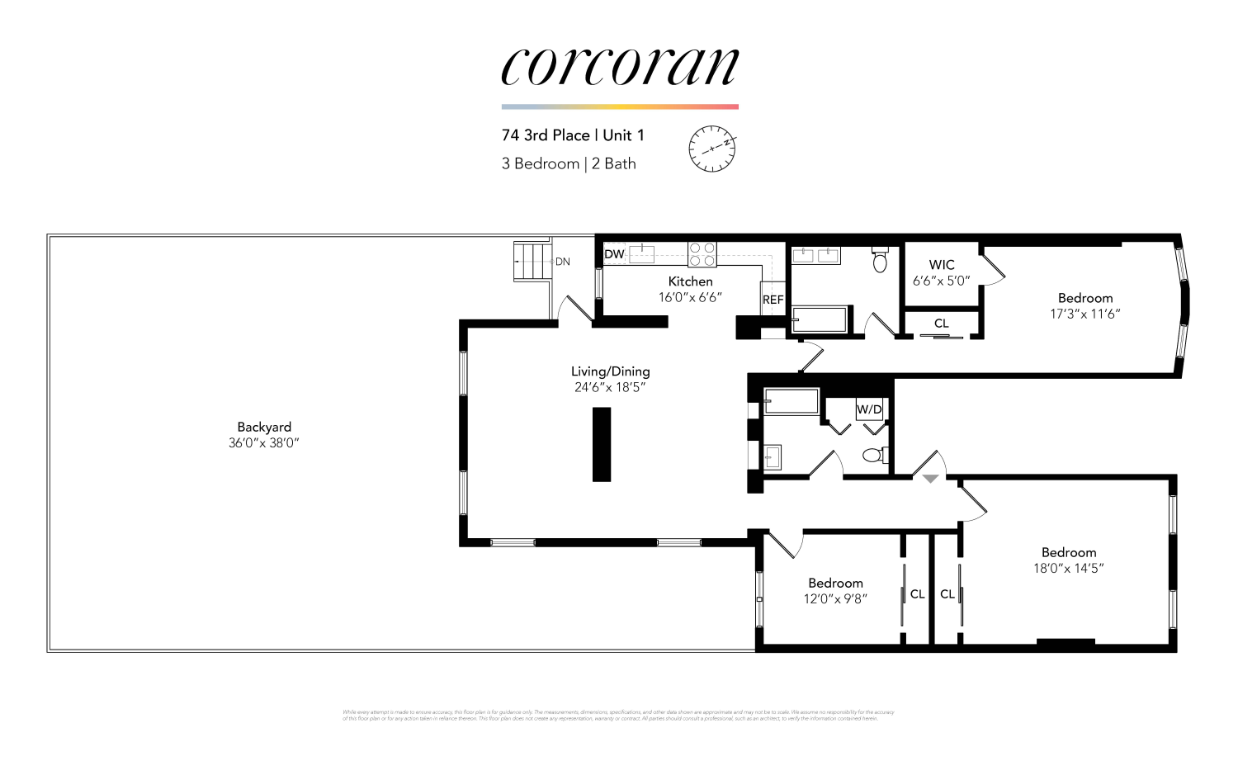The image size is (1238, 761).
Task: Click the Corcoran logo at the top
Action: (x=619, y=66)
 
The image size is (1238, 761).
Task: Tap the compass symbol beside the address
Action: (x=711, y=149)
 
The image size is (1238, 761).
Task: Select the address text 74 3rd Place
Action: (x=546, y=135)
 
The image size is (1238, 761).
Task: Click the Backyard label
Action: (x=264, y=427)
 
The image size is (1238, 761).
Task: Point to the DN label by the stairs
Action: (x=563, y=262)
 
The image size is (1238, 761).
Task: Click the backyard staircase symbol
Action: (x=532, y=261)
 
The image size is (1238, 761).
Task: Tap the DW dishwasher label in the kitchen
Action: (x=614, y=254)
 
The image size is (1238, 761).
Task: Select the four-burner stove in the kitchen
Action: (x=702, y=254)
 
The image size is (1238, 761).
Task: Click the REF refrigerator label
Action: (x=773, y=300)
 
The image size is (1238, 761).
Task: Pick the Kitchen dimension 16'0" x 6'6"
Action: (x=690, y=297)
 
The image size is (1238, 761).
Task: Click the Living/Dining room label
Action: (x=610, y=371)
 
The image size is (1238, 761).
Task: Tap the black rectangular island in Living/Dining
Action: (x=602, y=444)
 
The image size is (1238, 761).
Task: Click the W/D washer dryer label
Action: (x=869, y=409)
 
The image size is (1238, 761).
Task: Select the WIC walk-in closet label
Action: (x=942, y=265)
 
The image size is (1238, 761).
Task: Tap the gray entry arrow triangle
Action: (x=931, y=479)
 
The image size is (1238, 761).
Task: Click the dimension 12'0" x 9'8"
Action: (x=835, y=598)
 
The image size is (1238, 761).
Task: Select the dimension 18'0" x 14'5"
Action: (x=1068, y=568)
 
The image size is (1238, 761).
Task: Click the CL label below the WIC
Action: (x=942, y=324)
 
